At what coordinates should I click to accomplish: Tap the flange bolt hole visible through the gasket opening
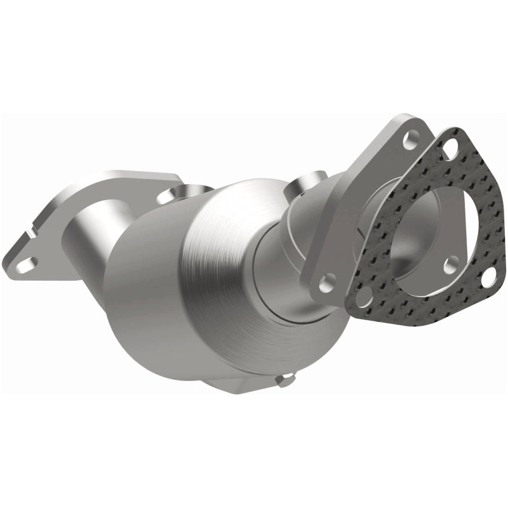tap(449, 262)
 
